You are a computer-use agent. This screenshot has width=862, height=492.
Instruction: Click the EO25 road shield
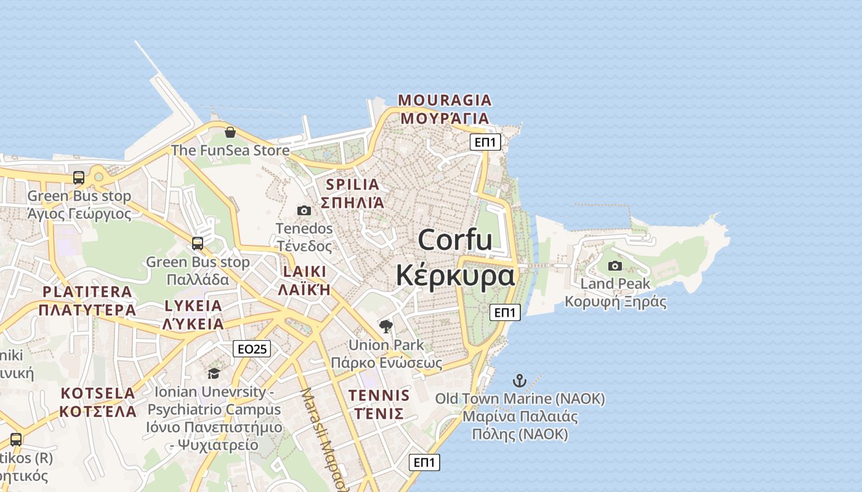coord(252,349)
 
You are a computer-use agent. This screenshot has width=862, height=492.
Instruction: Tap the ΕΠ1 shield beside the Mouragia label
coord(485,143)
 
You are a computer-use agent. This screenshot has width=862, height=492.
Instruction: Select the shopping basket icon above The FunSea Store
coord(230,132)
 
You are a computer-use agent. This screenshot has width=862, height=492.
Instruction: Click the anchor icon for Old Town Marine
coord(520,380)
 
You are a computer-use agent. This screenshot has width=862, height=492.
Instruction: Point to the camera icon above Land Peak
coord(614,266)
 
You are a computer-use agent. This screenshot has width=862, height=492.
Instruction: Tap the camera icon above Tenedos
coord(304,210)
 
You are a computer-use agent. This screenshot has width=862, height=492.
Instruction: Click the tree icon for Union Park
coord(386,327)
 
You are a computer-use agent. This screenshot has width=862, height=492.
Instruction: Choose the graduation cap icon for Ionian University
coord(214,373)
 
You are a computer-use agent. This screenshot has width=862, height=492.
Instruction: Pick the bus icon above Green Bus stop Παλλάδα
coord(197,244)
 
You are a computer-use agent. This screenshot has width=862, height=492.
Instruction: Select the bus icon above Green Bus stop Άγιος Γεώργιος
coord(79,178)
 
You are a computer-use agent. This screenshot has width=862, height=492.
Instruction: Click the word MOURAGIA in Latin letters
coord(445,100)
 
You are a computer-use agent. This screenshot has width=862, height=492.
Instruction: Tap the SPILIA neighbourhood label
coord(352,184)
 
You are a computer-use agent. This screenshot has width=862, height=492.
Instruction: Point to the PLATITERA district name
coord(87,292)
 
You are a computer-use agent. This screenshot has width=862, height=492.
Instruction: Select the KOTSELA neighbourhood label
coord(98,393)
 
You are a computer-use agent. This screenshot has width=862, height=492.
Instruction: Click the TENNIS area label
coord(379,395)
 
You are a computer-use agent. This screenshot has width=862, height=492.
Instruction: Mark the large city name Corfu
coord(455,240)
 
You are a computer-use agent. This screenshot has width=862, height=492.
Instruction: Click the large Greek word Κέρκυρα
coord(455,276)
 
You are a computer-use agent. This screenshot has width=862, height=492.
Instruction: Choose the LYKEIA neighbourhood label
coord(193,306)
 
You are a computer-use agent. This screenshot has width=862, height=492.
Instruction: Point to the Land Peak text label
coord(615,284)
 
